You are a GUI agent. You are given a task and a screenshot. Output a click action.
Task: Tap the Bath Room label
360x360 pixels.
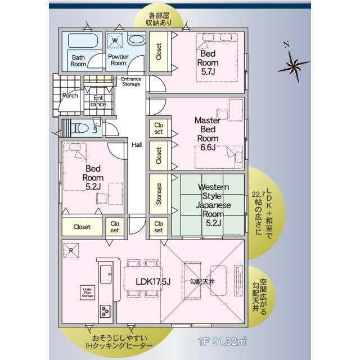click(x=78, y=61)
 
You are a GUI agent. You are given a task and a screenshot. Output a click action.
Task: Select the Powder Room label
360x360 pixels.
click(x=118, y=60)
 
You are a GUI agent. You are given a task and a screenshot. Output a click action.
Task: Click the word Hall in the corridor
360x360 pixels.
click(x=137, y=145)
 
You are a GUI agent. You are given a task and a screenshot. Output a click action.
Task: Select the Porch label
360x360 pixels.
click(x=71, y=95)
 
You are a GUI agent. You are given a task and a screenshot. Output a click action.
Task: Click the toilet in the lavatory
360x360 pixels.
click(x=83, y=128)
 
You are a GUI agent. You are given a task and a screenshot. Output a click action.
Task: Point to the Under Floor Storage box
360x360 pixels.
click(x=87, y=294)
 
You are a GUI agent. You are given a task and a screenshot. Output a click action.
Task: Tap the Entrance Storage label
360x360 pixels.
click(x=132, y=82)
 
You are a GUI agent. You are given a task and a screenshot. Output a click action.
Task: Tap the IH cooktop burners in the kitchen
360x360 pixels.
click(x=105, y=311)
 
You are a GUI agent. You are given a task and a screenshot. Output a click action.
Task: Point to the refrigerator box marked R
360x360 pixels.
click(x=71, y=250)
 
